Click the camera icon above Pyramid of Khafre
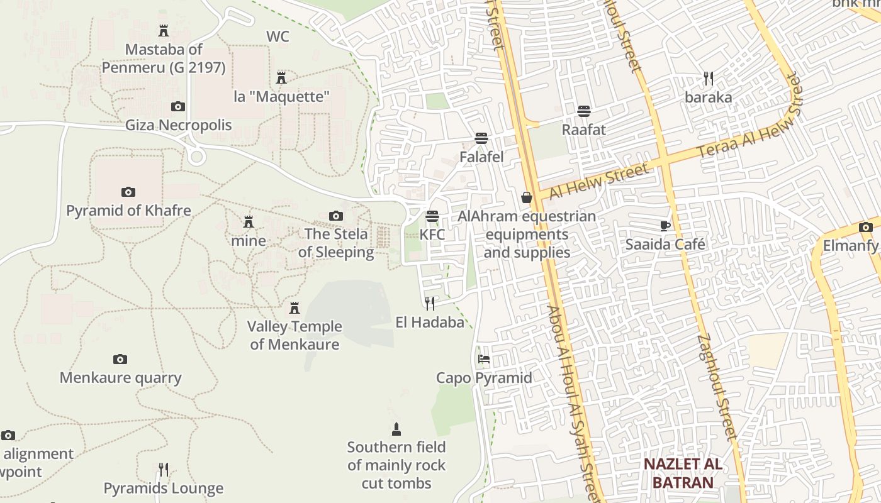tap(128, 192)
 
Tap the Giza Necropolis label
tap(178, 125)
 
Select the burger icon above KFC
tap(432, 216)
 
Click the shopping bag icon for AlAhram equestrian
tap(527, 198)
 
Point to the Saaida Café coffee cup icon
tap(665, 226)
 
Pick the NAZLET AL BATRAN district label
tap(683, 473)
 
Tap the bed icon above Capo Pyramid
tap(484, 359)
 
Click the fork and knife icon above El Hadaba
tap(430, 304)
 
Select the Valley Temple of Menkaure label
tap(295, 335)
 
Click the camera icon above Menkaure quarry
tap(120, 359)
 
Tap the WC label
tap(278, 36)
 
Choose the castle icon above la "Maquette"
tap(281, 78)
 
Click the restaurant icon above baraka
tap(709, 79)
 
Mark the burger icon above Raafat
tap(584, 111)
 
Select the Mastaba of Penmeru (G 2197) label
tap(164, 58)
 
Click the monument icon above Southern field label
tap(396, 429)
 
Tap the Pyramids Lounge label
tap(164, 488)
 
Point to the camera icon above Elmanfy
tap(866, 227)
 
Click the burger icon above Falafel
tap(481, 138)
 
